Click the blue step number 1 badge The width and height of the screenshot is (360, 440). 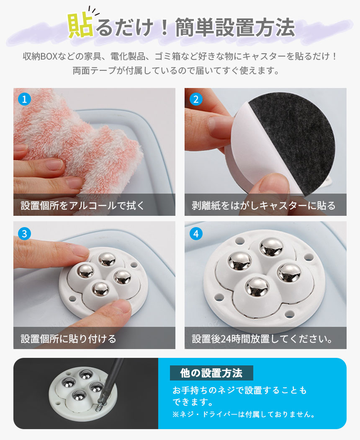24,99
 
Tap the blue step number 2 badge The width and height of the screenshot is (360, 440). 196,99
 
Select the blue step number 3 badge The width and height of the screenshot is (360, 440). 24,233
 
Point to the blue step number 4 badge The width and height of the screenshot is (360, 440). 196,233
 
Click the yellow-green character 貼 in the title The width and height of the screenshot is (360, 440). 80,26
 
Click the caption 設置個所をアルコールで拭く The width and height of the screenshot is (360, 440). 82,205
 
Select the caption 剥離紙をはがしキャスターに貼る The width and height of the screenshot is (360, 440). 264,205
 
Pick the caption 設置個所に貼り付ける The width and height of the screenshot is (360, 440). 68,339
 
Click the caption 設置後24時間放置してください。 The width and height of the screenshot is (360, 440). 262,339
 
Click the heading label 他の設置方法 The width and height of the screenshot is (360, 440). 211,373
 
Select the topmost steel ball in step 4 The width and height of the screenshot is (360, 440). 271,247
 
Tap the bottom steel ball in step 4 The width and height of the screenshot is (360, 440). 257,287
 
